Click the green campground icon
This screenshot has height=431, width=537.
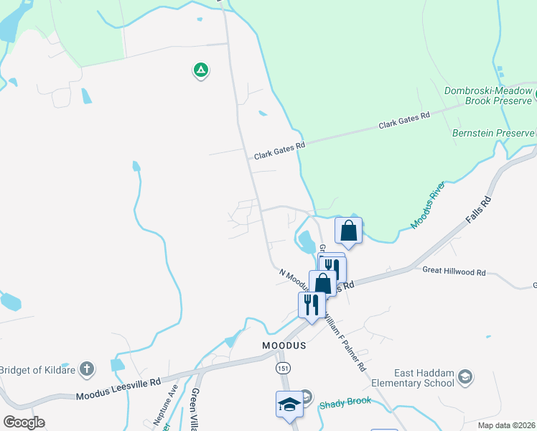point(200,70)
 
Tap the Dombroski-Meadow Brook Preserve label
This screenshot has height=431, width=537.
point(487,96)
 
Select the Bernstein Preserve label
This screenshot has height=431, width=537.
point(493,133)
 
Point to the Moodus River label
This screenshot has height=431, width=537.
point(429,206)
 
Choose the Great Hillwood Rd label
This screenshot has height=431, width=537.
point(454,272)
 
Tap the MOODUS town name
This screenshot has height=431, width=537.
point(283,345)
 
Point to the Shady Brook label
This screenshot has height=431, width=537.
point(345,402)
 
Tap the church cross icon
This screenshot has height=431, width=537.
point(86,369)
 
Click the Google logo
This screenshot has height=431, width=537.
point(24,422)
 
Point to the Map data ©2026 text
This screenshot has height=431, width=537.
point(506,425)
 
